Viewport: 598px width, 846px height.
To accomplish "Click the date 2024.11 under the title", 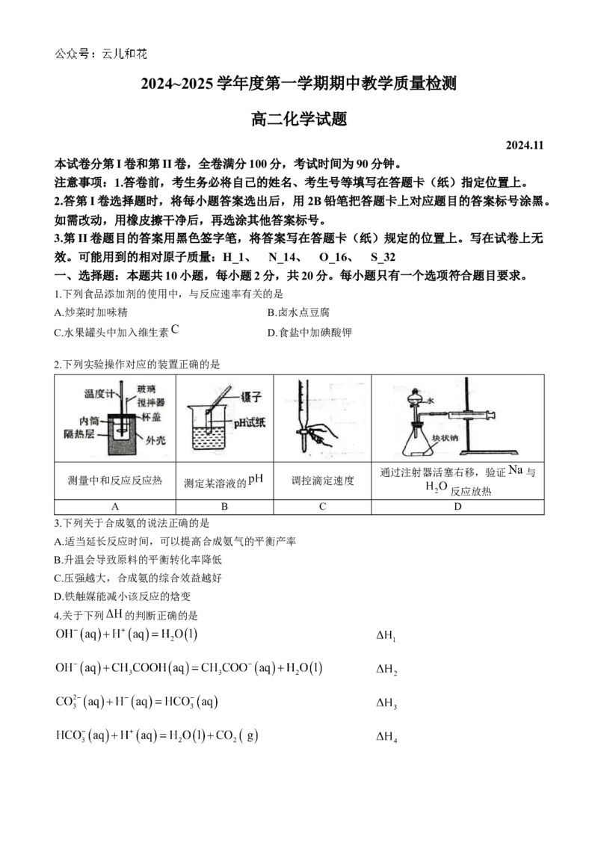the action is [x=525, y=146].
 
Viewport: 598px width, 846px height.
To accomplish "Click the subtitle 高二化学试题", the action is [x=299, y=119].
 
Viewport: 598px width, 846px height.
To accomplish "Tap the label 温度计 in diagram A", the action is [x=99, y=394].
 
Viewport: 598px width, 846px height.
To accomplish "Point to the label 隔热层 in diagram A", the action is [x=78, y=433].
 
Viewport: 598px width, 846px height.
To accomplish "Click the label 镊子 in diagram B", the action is [x=251, y=398].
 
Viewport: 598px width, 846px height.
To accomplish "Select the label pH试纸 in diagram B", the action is [x=250, y=422].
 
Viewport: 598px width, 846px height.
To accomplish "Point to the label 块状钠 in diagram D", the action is [x=446, y=437].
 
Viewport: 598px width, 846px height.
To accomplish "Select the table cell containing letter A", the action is [x=115, y=507].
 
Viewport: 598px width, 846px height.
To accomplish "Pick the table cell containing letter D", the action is [x=457, y=507].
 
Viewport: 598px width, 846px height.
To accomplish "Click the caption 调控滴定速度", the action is [x=323, y=481].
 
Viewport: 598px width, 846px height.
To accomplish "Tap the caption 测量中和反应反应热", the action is [x=115, y=481].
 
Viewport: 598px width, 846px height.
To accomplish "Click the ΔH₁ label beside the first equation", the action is [x=386, y=635].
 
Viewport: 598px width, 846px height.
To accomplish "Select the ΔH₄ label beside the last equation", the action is [x=387, y=736].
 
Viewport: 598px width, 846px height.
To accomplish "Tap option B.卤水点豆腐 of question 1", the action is [x=298, y=312].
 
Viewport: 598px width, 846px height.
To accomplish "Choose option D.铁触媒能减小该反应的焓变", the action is [x=123, y=596].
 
